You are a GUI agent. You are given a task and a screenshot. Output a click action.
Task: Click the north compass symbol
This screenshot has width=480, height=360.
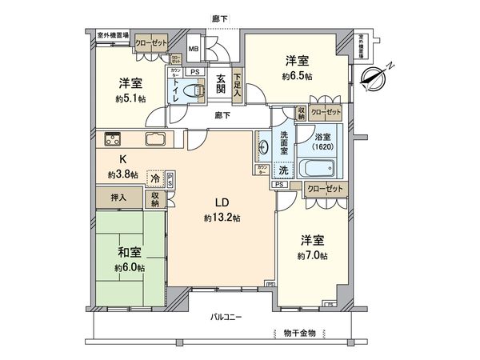tap(374, 77)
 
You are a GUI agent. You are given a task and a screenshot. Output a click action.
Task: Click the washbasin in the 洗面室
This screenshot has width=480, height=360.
tap(265, 148)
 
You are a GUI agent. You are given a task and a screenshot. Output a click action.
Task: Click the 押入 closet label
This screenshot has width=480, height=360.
tap(107, 194)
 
